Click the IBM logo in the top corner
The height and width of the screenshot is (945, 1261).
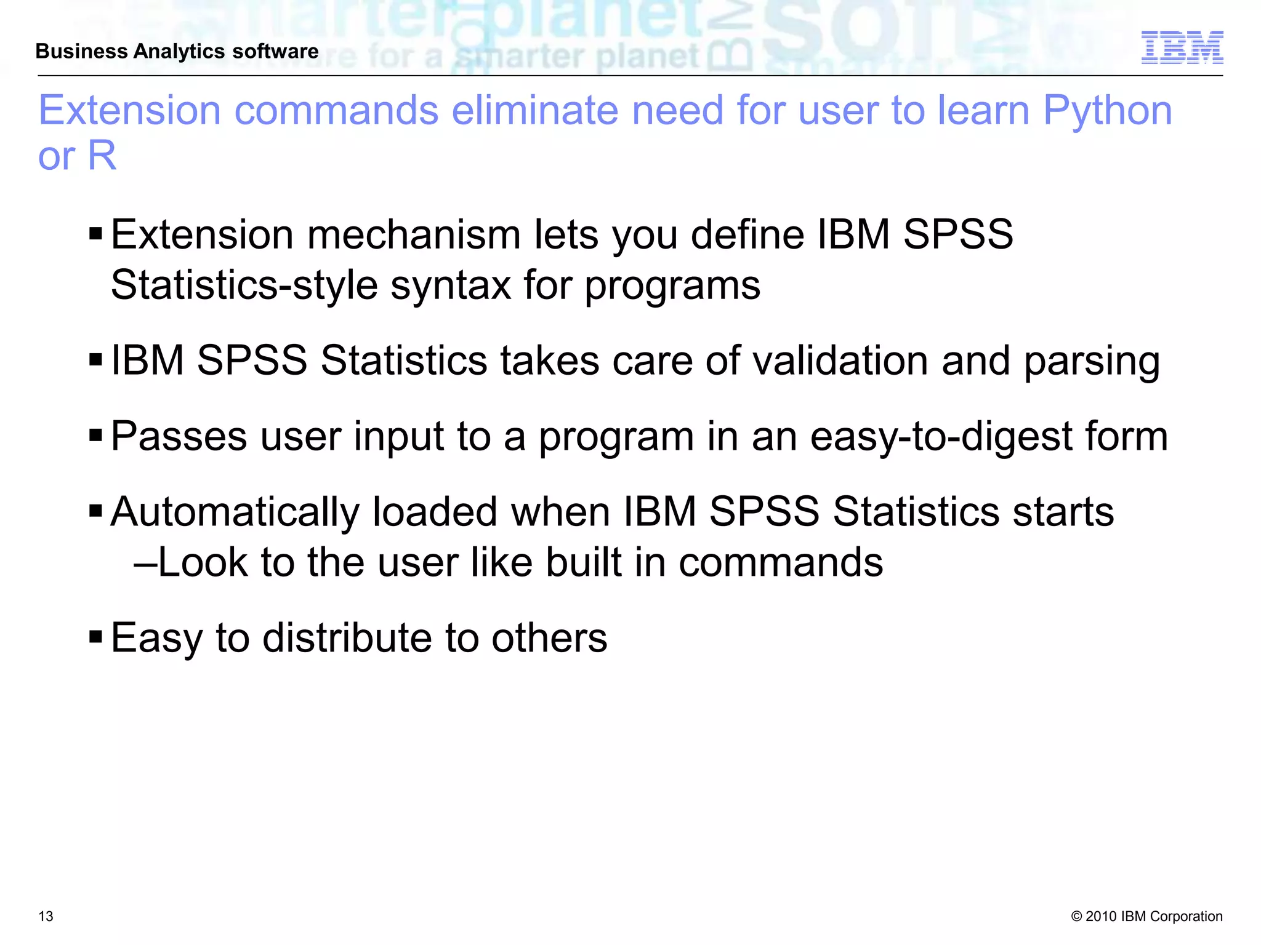1182,47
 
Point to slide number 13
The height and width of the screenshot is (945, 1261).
46,916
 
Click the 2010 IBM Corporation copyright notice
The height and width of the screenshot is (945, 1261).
1146,916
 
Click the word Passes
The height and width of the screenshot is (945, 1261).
179,436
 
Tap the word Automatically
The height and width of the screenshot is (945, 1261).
235,512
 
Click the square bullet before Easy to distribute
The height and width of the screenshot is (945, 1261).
95,635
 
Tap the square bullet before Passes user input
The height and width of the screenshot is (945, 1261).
95,434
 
